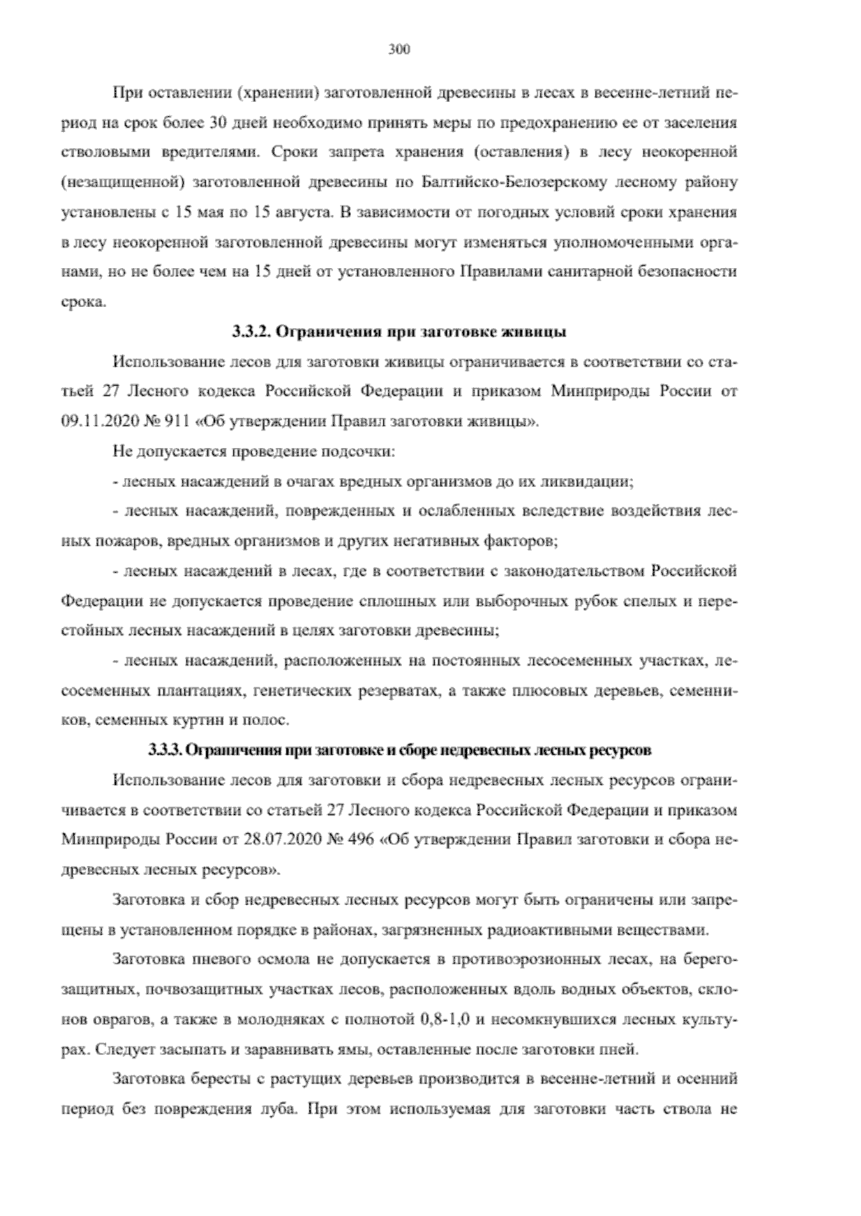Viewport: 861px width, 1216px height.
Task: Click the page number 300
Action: click(x=399, y=49)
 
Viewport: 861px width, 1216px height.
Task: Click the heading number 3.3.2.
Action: click(x=251, y=332)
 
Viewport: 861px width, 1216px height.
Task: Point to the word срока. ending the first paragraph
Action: click(x=85, y=303)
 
